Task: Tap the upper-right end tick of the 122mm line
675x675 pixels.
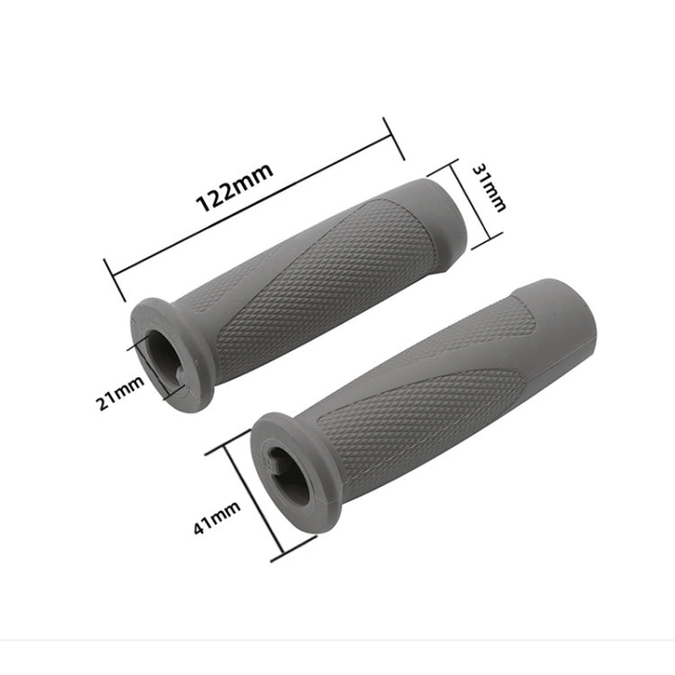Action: (390, 133)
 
